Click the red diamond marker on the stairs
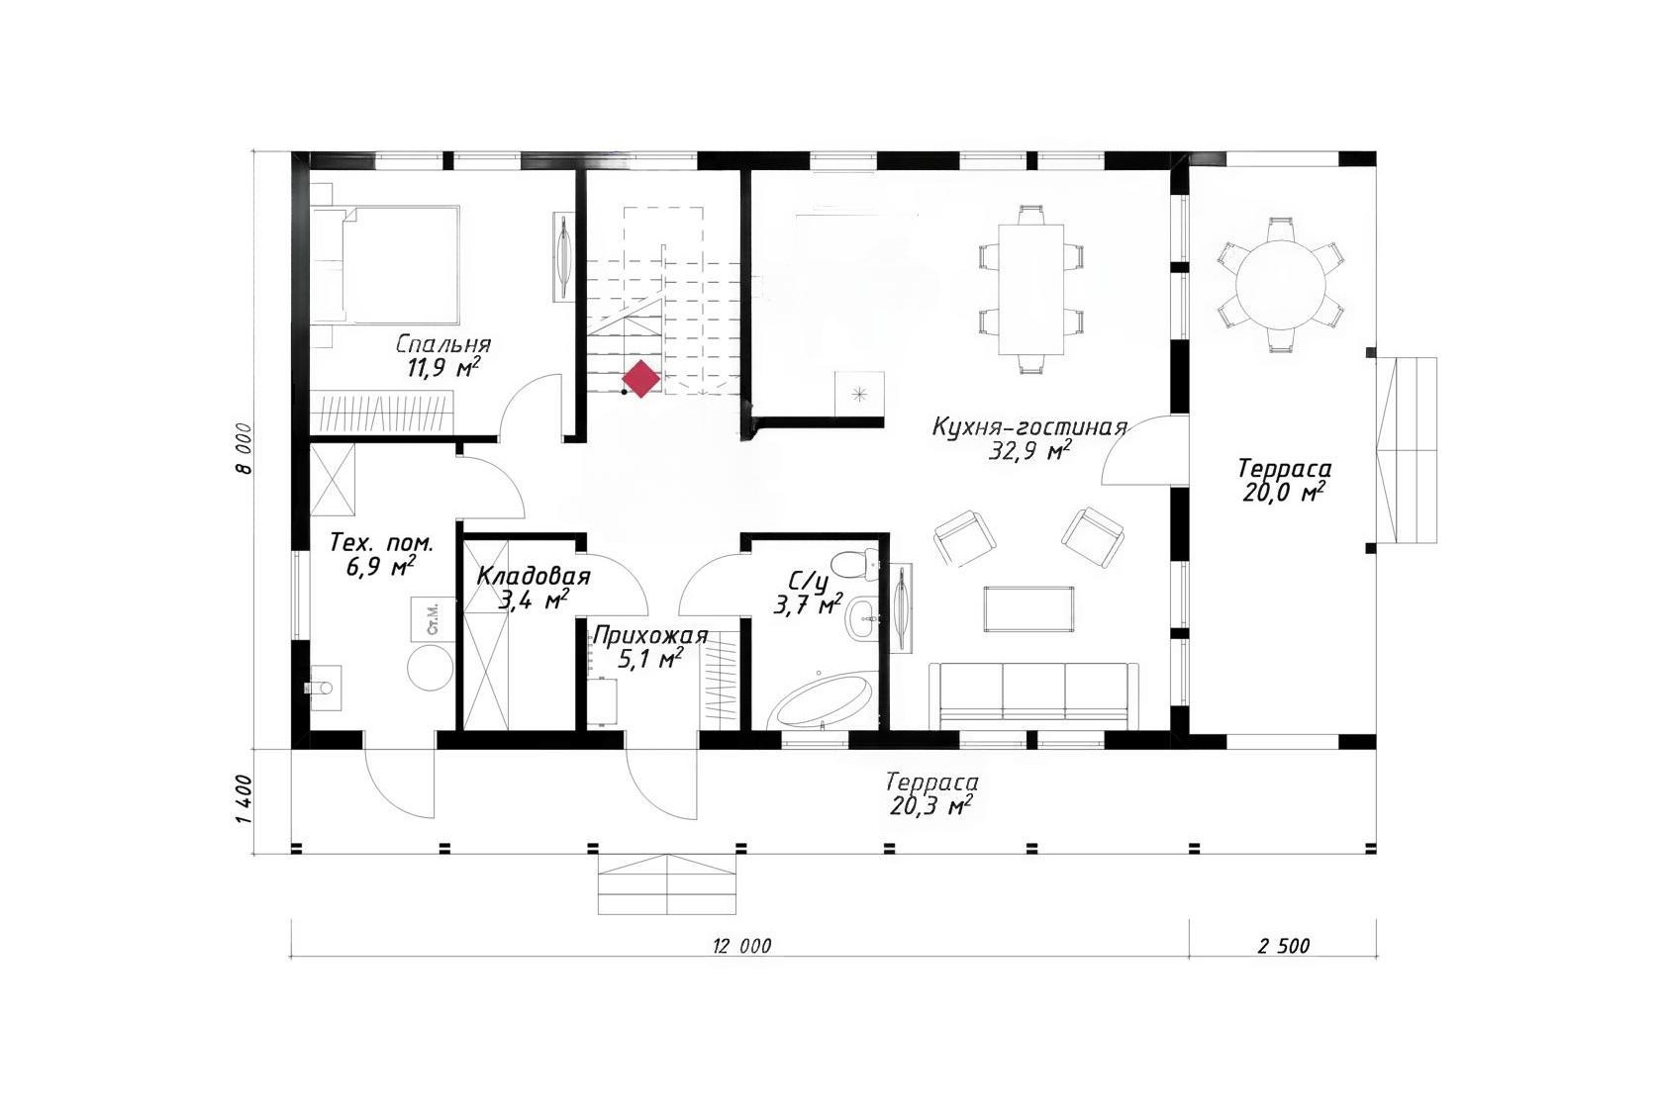pyautogui.click(x=640, y=379)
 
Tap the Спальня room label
pyautogui.click(x=443, y=344)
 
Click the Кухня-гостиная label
pyautogui.click(x=1029, y=427)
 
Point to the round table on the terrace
pyautogui.click(x=1281, y=283)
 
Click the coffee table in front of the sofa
pyautogui.click(x=1029, y=609)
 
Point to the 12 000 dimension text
pyautogui.click(x=741, y=946)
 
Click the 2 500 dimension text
pyautogui.click(x=1284, y=946)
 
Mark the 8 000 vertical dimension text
pyautogui.click(x=246, y=447)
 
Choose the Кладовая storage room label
pyautogui.click(x=533, y=576)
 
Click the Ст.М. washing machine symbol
pyautogui.click(x=433, y=619)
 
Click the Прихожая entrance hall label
pyautogui.click(x=649, y=637)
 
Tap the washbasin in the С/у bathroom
pyautogui.click(x=862, y=616)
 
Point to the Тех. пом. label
pyautogui.click(x=381, y=543)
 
